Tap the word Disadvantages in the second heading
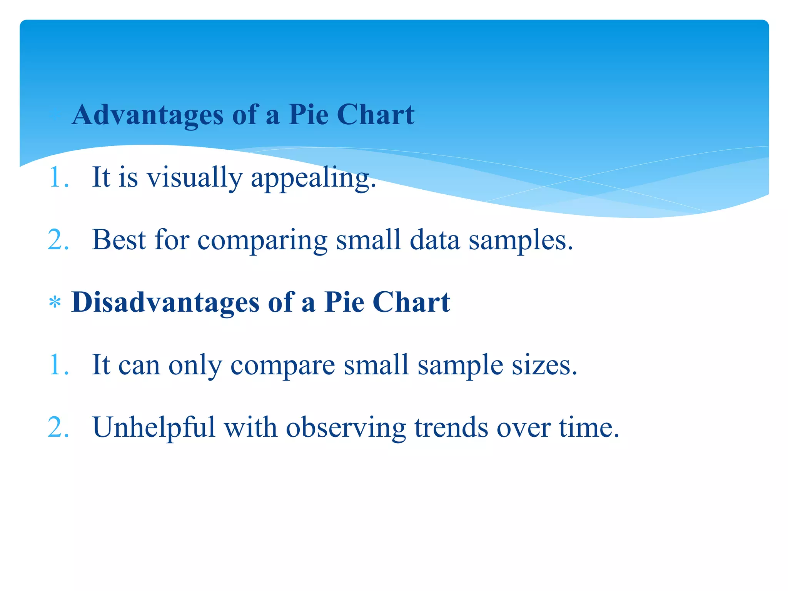pos(165,302)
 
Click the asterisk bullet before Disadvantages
pos(55,303)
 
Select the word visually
pos(195,178)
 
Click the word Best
pos(119,240)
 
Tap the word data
pos(435,240)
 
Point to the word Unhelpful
pos(154,427)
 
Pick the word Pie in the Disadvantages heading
pos(344,302)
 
